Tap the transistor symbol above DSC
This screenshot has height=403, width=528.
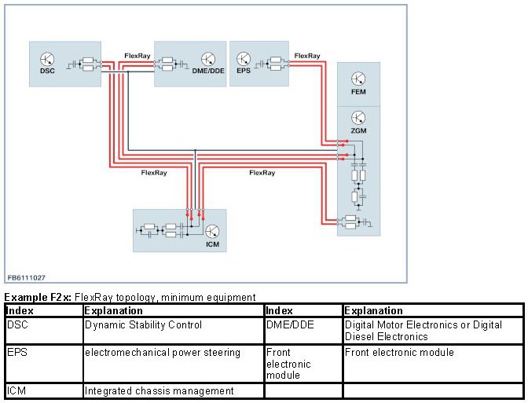tap(46, 58)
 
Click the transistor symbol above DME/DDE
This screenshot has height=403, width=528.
tap(208, 58)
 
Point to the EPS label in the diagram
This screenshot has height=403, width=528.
tap(243, 70)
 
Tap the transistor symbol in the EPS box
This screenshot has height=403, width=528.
tap(244, 58)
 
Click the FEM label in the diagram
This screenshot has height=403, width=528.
tap(358, 92)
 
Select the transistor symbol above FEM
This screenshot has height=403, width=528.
tap(358, 79)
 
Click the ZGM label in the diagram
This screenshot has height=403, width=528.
tap(358, 130)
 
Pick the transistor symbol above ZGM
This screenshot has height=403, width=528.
tap(358, 118)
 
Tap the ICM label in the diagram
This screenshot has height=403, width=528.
tap(212, 244)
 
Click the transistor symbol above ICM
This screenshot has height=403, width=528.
tap(212, 231)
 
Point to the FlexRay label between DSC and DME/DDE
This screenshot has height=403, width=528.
tap(137, 55)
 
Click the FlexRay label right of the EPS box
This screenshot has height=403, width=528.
tap(306, 55)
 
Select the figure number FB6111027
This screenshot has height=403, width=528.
tap(26, 277)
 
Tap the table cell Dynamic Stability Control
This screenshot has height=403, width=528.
tap(143, 324)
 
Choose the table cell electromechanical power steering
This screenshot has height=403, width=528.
tap(162, 352)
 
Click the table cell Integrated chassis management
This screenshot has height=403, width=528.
tap(159, 390)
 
